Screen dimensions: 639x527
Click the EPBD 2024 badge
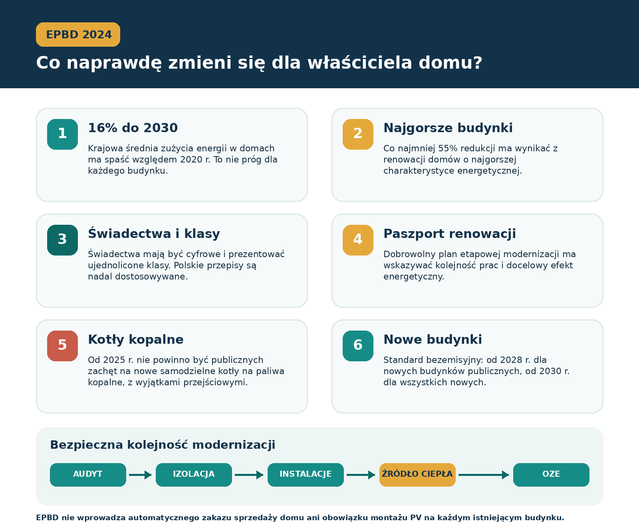[x=78, y=34]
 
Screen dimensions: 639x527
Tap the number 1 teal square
[x=62, y=134]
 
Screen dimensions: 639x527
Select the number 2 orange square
[x=358, y=134]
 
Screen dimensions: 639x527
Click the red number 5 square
[x=62, y=346]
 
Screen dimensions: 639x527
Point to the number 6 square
[x=358, y=346]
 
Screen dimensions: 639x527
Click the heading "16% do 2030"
[x=133, y=128]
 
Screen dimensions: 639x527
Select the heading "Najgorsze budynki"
[x=448, y=128]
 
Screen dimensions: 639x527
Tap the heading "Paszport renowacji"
[x=450, y=234]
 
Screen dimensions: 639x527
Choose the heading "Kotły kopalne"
[x=136, y=339]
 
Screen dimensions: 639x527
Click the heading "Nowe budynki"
[x=433, y=339]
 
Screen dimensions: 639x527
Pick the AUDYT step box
[x=88, y=475]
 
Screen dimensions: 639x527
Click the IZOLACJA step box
[x=194, y=475]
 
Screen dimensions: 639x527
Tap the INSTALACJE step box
[x=306, y=475]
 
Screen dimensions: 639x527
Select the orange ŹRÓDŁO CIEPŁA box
[x=417, y=475]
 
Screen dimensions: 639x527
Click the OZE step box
[x=551, y=475]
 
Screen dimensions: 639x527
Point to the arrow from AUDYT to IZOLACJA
[x=141, y=475]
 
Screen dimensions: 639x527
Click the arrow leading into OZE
[x=484, y=475]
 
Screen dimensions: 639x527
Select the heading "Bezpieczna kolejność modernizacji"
[x=163, y=445]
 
